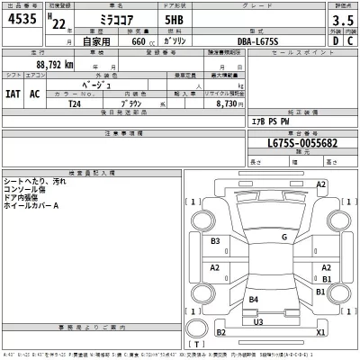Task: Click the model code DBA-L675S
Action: click(246, 41)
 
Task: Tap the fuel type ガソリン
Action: click(179, 41)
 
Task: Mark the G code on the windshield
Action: click(283, 237)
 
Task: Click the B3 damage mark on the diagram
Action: click(216, 241)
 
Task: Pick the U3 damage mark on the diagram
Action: click(258, 321)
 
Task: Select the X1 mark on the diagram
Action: click(320, 331)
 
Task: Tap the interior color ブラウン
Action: click(135, 103)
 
